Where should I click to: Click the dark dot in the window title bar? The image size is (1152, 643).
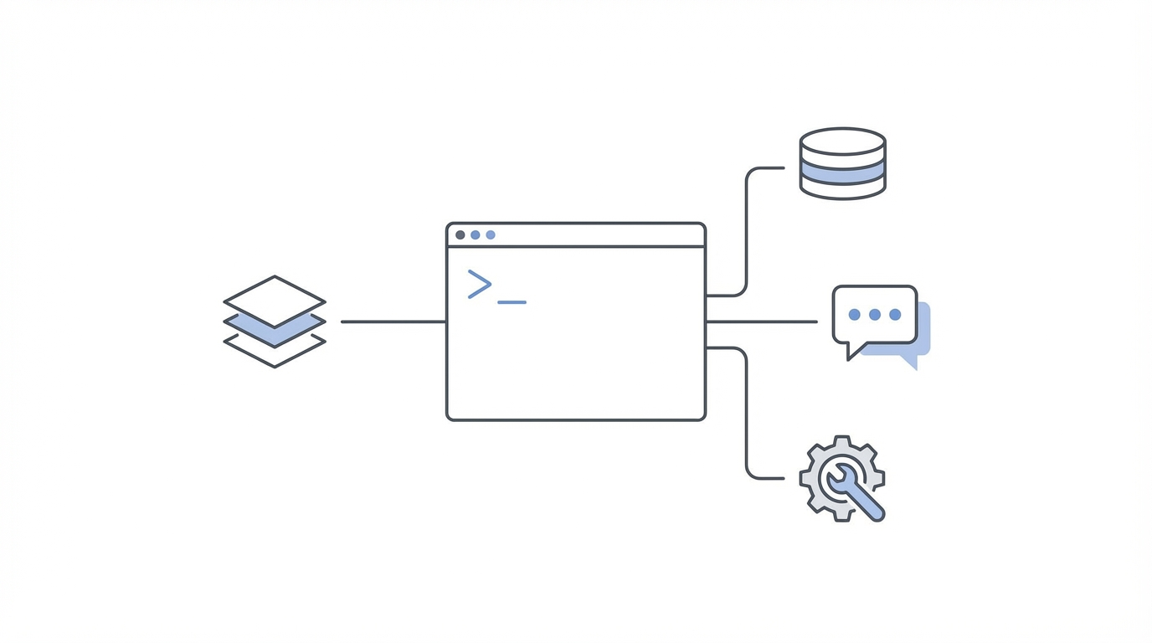(x=460, y=235)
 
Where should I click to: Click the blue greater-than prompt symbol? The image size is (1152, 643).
(x=479, y=285)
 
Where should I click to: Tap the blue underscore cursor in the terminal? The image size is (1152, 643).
(x=512, y=301)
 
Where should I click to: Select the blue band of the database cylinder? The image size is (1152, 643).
(x=842, y=172)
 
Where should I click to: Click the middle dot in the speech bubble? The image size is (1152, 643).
(x=875, y=315)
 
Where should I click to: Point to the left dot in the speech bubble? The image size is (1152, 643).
(x=855, y=315)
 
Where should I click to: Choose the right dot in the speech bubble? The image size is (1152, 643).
(x=895, y=315)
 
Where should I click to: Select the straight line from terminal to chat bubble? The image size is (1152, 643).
(x=762, y=321)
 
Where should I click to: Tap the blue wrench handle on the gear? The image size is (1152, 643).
(x=866, y=502)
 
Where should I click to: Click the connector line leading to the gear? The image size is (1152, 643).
(x=746, y=419)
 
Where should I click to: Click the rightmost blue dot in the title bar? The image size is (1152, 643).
(x=491, y=235)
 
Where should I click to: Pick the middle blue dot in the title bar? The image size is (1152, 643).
(x=476, y=235)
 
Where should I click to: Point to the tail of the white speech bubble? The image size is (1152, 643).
(x=853, y=351)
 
